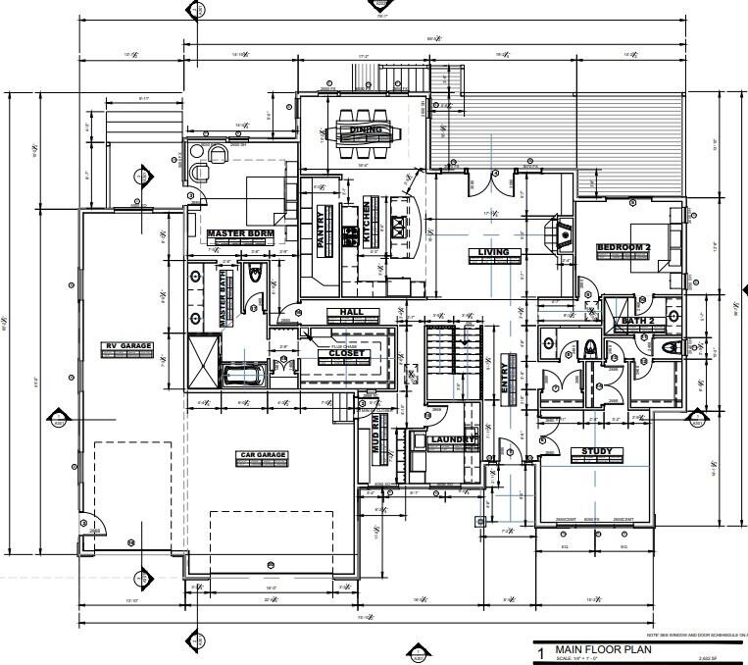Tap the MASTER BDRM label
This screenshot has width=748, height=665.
coord(239,233)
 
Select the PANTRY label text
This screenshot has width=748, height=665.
coord(321,231)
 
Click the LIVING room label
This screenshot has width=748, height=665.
coord(493,253)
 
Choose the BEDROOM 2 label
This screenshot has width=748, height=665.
coord(624,247)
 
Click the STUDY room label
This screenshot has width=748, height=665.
coord(596,452)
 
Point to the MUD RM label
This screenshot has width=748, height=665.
coord(374,431)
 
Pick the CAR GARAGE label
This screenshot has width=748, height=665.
coord(263,455)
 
